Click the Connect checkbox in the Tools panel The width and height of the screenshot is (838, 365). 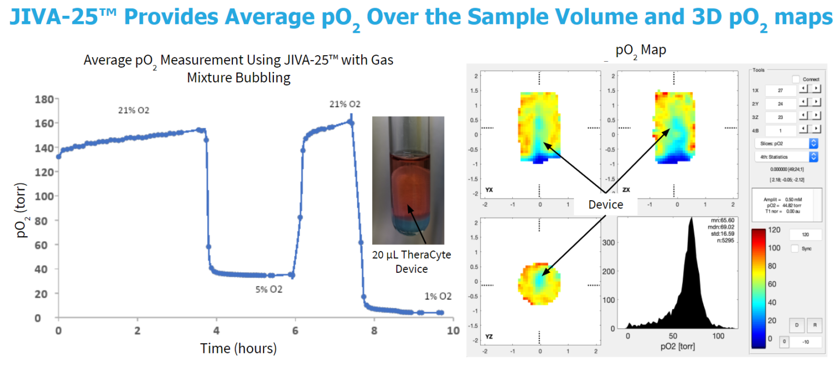tap(796, 79)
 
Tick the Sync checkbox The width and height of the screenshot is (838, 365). tap(795, 248)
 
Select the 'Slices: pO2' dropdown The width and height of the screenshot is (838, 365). tap(786, 143)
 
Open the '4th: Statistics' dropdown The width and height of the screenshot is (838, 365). tap(786, 157)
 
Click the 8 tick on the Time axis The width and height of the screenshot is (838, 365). tap(374, 331)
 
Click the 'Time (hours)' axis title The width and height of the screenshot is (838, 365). tap(238, 348)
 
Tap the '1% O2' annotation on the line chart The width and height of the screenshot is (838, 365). tap(438, 296)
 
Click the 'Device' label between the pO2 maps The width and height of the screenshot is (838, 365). tap(605, 204)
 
